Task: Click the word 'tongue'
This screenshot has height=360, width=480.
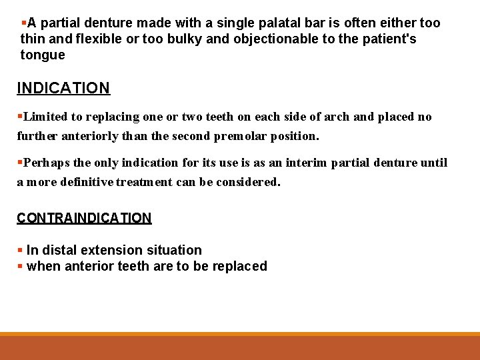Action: pyautogui.click(x=43, y=55)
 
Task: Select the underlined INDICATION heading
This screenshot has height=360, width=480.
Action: pyautogui.click(x=63, y=88)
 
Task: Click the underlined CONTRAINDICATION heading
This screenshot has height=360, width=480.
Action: pyautogui.click(x=84, y=218)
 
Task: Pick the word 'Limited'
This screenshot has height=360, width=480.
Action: pyautogui.click(x=45, y=117)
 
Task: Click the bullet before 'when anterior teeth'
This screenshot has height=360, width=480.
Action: pyautogui.click(x=20, y=267)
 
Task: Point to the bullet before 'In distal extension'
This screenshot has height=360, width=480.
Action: pyautogui.click(x=20, y=251)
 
